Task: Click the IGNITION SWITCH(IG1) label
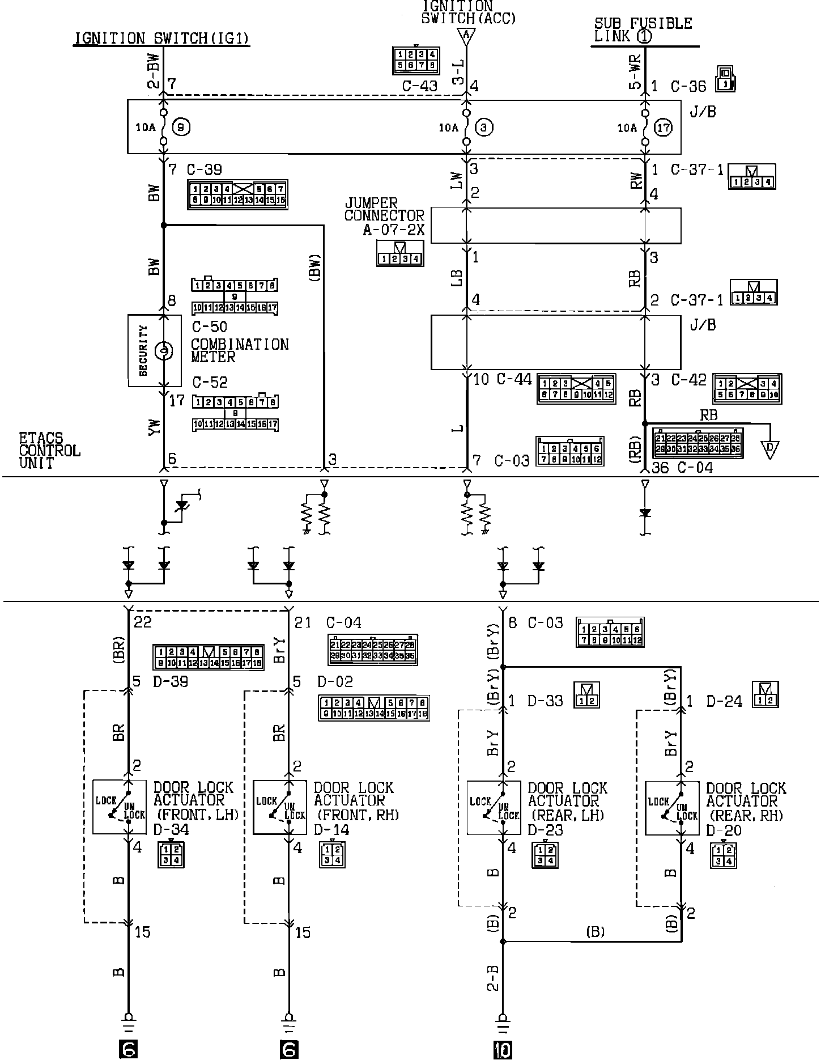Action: (162, 39)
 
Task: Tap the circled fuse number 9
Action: (181, 128)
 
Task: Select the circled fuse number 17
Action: (664, 128)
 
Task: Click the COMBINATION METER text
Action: (239, 350)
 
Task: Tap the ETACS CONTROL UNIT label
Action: (49, 451)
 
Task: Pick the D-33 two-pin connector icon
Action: (587, 695)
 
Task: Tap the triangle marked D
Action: (770, 450)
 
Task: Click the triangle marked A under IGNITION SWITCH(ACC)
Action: (466, 36)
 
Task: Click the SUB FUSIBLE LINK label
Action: (644, 30)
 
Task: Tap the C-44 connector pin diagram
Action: (576, 388)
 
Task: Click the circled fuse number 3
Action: (483, 128)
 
